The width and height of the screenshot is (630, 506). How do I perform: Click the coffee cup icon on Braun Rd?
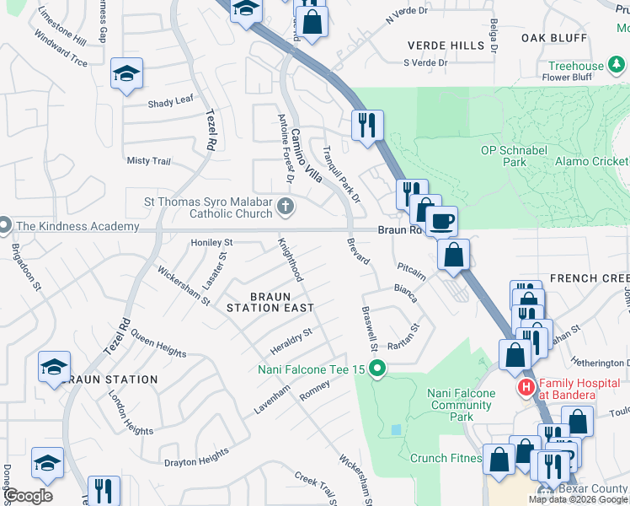coord(440,222)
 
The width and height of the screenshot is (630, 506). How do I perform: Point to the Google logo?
coord(28,496)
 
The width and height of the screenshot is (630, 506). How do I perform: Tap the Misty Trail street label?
coord(148,161)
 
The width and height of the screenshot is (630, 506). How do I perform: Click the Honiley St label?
coord(211,242)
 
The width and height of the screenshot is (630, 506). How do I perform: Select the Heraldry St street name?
coord(291,338)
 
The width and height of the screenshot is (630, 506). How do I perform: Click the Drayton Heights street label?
coord(196,457)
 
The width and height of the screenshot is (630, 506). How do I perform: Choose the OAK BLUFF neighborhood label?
coord(553,38)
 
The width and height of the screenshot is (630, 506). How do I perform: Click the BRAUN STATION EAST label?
coord(264,302)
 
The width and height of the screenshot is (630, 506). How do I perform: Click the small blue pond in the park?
coord(397,429)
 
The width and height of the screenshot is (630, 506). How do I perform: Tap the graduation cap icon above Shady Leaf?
coord(126,74)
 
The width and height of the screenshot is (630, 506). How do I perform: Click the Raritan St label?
coord(403,337)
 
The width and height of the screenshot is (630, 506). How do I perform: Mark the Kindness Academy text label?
coord(77,226)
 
